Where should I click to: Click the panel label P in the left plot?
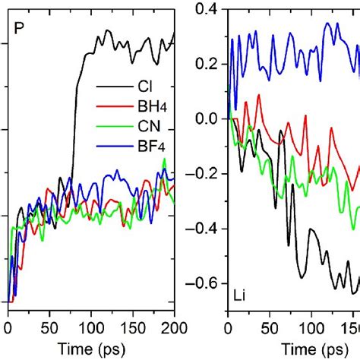pyautogui.click(x=21, y=30)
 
